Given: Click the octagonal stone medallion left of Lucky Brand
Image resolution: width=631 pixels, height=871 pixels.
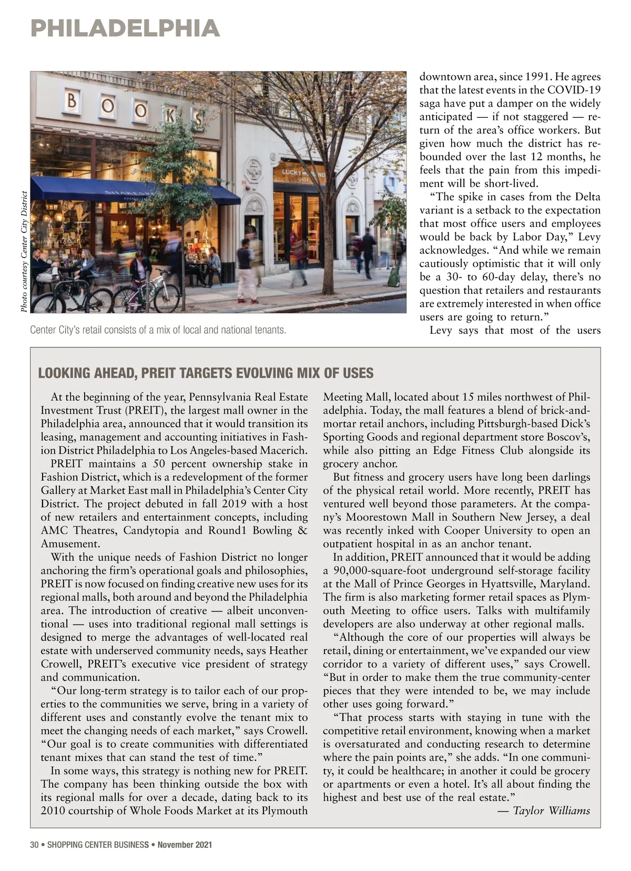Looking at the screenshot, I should [255, 169].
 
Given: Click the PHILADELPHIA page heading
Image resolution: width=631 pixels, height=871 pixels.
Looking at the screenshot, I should [125, 28].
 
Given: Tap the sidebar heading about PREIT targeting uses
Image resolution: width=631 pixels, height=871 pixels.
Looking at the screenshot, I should [206, 373].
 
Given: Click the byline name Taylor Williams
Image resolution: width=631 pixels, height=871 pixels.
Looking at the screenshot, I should [552, 811].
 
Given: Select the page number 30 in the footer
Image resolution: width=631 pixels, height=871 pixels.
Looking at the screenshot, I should [35, 845].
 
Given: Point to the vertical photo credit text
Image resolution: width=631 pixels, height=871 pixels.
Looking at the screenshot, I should [24, 251].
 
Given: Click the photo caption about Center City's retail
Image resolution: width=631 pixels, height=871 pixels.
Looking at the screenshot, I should [158, 330].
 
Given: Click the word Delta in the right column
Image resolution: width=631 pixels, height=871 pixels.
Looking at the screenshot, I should [586, 197].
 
